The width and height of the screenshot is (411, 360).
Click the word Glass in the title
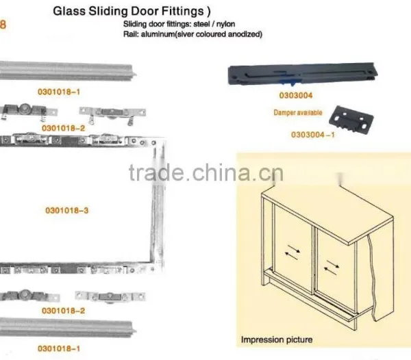point(69,11)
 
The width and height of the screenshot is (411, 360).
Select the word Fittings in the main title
point(182,12)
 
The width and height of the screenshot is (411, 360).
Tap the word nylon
point(225,24)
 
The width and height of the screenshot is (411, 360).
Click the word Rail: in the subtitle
point(131,34)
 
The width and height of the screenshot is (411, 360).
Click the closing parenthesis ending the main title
point(209,12)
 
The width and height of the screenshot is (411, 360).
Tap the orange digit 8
point(3,25)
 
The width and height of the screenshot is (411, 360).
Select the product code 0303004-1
point(313,135)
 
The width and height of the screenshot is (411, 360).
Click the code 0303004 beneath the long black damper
point(296,95)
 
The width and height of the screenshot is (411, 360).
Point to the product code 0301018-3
point(67,211)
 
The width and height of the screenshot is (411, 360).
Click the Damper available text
point(298,112)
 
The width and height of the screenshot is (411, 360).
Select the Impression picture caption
point(277,340)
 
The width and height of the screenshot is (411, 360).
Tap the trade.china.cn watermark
point(206,172)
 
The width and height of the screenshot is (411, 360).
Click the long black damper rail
point(303,74)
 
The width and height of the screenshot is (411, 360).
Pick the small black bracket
point(351,119)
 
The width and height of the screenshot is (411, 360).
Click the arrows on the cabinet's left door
point(292,252)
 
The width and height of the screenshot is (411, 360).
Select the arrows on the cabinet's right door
point(332,268)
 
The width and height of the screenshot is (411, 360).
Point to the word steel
point(201,24)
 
